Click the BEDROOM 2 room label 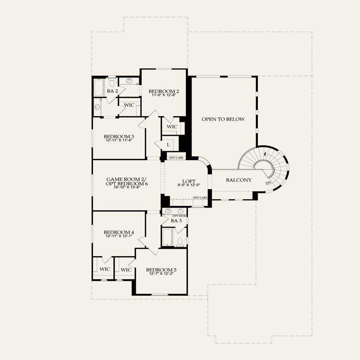[x=164, y=91]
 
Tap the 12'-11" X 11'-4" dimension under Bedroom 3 [x=119, y=140]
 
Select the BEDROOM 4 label [x=119, y=232]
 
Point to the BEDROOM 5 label [x=161, y=270]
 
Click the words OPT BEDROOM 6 [x=127, y=183]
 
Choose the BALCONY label [x=238, y=180]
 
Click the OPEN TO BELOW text [x=223, y=119]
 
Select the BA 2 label [x=110, y=91]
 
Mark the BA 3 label [x=175, y=221]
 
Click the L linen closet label [x=168, y=144]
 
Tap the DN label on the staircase [x=268, y=183]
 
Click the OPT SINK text [x=179, y=216]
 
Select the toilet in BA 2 [x=112, y=81]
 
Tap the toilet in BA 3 [x=180, y=241]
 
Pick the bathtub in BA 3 [x=168, y=237]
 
